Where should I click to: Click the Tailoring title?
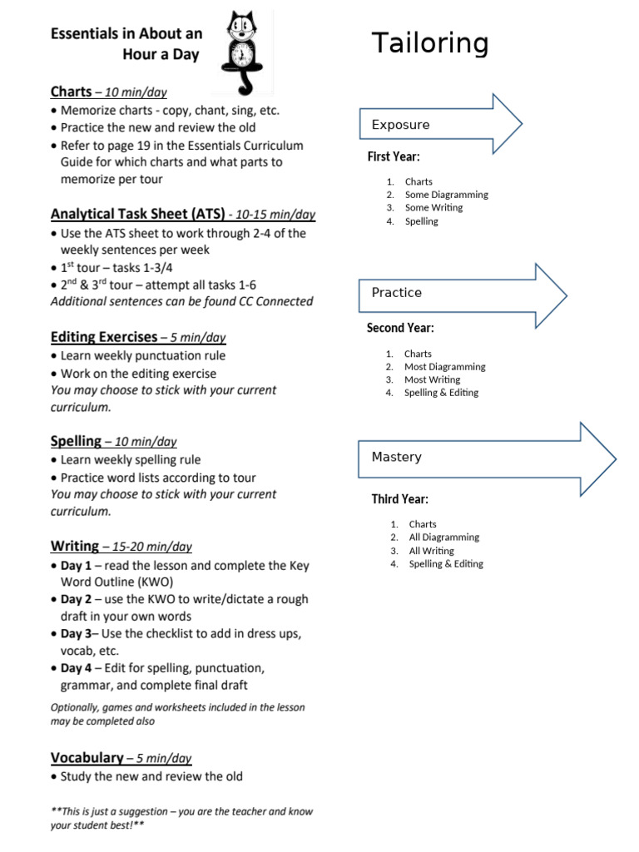click(x=429, y=43)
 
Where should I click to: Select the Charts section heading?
click(x=71, y=92)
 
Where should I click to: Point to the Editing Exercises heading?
click(x=104, y=337)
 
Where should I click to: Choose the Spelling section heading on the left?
click(x=76, y=441)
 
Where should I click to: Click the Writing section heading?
click(x=75, y=546)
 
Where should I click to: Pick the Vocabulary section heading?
click(x=87, y=758)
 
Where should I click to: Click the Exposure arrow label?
click(x=400, y=125)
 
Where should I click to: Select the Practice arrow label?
click(x=396, y=293)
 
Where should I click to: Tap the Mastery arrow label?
click(x=396, y=457)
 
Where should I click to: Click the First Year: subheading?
click(x=394, y=156)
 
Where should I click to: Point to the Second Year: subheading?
click(x=400, y=328)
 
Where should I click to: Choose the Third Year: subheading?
click(x=399, y=499)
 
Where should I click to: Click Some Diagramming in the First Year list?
click(x=446, y=195)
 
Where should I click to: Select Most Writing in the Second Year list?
click(x=432, y=379)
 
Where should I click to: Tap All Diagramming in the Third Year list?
click(x=443, y=537)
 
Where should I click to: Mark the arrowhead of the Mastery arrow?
click(x=597, y=457)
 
